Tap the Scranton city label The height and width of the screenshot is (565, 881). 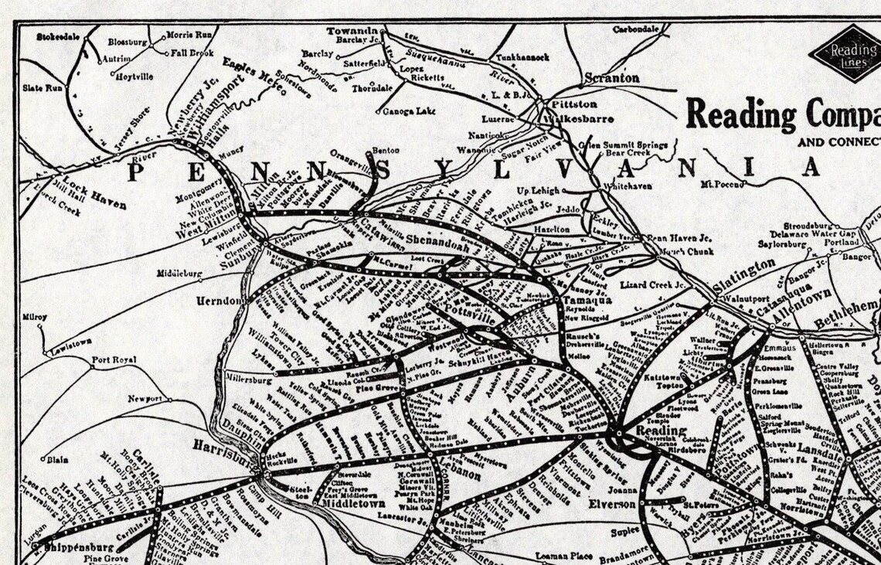(611, 78)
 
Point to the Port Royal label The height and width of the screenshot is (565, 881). (114, 360)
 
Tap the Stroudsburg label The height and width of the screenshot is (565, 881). (811, 226)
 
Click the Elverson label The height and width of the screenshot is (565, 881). (611, 502)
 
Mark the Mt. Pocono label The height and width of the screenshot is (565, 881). (720, 185)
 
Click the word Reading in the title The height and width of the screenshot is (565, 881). (740, 114)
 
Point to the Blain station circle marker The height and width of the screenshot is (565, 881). (43, 459)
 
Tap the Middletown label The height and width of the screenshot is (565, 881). (353, 502)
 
